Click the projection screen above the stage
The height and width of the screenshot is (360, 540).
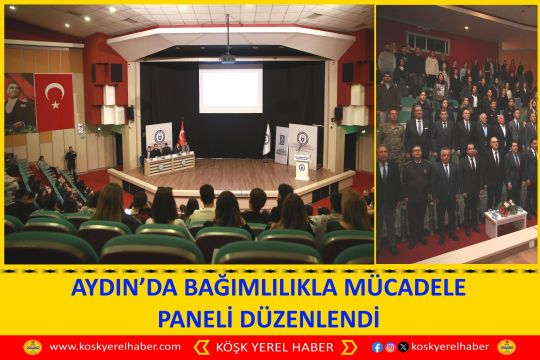click(x=231, y=90)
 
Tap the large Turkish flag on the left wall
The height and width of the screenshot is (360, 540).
click(x=54, y=101)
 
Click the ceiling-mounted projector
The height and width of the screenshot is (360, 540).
click(x=228, y=59)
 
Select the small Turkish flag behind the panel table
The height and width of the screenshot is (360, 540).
click(x=182, y=132)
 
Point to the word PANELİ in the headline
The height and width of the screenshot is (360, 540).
click(x=201, y=318)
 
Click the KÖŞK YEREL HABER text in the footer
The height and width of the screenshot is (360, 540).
click(x=269, y=347)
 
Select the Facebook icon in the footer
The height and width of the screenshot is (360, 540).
click(x=377, y=347)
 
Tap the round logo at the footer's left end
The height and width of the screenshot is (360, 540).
click(x=32, y=347)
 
